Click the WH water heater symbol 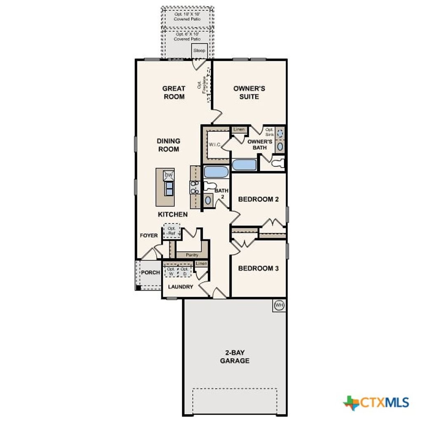tap(279, 305)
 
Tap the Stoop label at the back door tap(199, 51)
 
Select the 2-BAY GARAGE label tap(234, 356)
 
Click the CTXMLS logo tap(376, 402)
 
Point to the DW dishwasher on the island tap(168, 175)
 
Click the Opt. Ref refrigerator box tap(171, 231)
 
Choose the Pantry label tap(192, 255)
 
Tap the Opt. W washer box tap(171, 271)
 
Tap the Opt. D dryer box tap(184, 271)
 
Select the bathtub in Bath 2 tap(216, 171)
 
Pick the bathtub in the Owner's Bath tap(244, 165)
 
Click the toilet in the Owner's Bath tap(278, 162)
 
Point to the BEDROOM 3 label tap(258, 268)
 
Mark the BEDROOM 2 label tap(258, 199)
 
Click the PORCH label tap(150, 272)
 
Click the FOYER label tap(149, 235)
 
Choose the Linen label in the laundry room tap(201, 263)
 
